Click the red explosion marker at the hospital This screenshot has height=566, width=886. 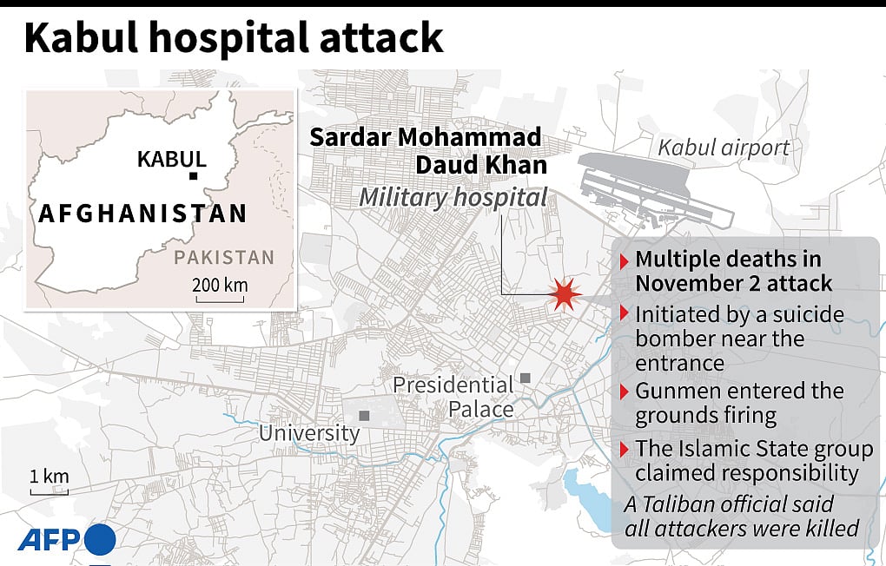click(565, 295)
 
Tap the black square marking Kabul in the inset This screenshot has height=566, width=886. click(193, 176)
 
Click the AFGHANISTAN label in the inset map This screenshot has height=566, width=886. click(142, 214)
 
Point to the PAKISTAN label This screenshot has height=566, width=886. click(224, 258)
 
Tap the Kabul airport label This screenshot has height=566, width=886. click(724, 147)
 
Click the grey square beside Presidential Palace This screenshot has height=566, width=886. click(526, 378)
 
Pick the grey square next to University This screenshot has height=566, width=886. click(364, 416)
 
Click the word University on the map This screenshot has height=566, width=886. click(309, 432)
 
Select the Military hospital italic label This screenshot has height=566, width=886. click(453, 198)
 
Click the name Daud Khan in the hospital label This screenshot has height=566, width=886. click(480, 165)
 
